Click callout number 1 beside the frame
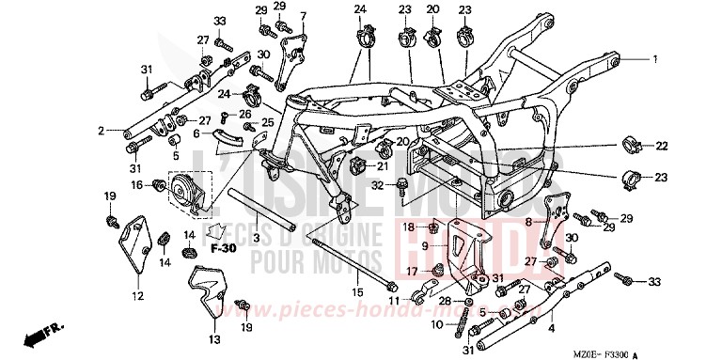click(x=656, y=58)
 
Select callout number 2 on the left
click(x=100, y=132)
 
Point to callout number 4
click(x=552, y=327)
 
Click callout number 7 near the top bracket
click(x=304, y=17)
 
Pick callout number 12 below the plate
click(x=137, y=297)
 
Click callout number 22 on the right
click(x=661, y=145)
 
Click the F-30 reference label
click(x=222, y=248)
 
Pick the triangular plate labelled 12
click(x=133, y=250)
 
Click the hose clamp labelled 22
click(x=634, y=146)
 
